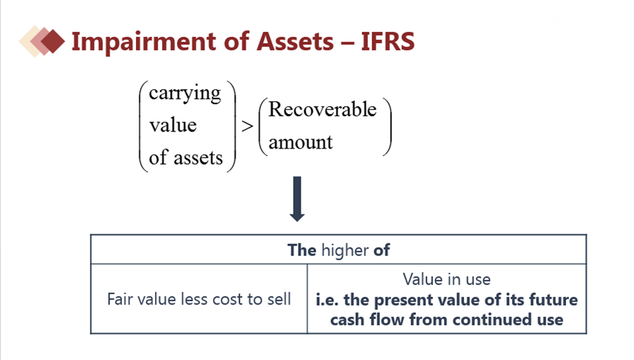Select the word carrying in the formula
pos(185,93)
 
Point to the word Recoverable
pos(322,109)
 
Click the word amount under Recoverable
pos(300,141)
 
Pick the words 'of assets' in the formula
pos(185,158)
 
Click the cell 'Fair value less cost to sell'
pos(199,299)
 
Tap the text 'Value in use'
pos(446,279)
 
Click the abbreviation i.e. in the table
pos(327,300)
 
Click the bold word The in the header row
pos(301,250)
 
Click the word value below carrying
pos(173,125)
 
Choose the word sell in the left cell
pos(278,299)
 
